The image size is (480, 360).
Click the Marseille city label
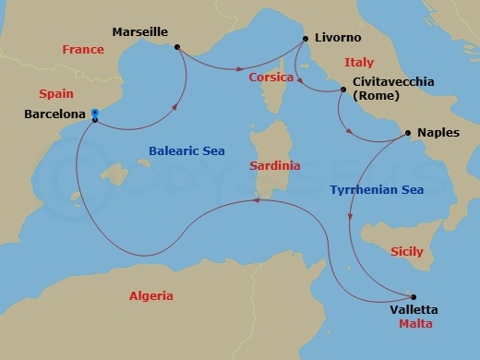tap(139, 31)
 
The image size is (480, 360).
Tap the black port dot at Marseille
tap(176, 46)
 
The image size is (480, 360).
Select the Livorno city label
tap(338, 38)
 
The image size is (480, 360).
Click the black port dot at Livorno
tap(305, 39)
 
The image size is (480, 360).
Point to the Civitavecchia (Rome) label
tap(392, 89)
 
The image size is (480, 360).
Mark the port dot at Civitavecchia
tap(343, 90)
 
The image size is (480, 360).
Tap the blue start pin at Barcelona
tap(95, 115)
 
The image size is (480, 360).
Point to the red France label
tap(83, 50)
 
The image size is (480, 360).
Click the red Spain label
tap(55, 94)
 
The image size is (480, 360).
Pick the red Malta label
tap(414, 325)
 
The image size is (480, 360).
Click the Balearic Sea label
tap(186, 150)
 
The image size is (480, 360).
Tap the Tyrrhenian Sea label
tap(377, 190)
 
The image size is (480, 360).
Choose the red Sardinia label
tap(275, 166)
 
